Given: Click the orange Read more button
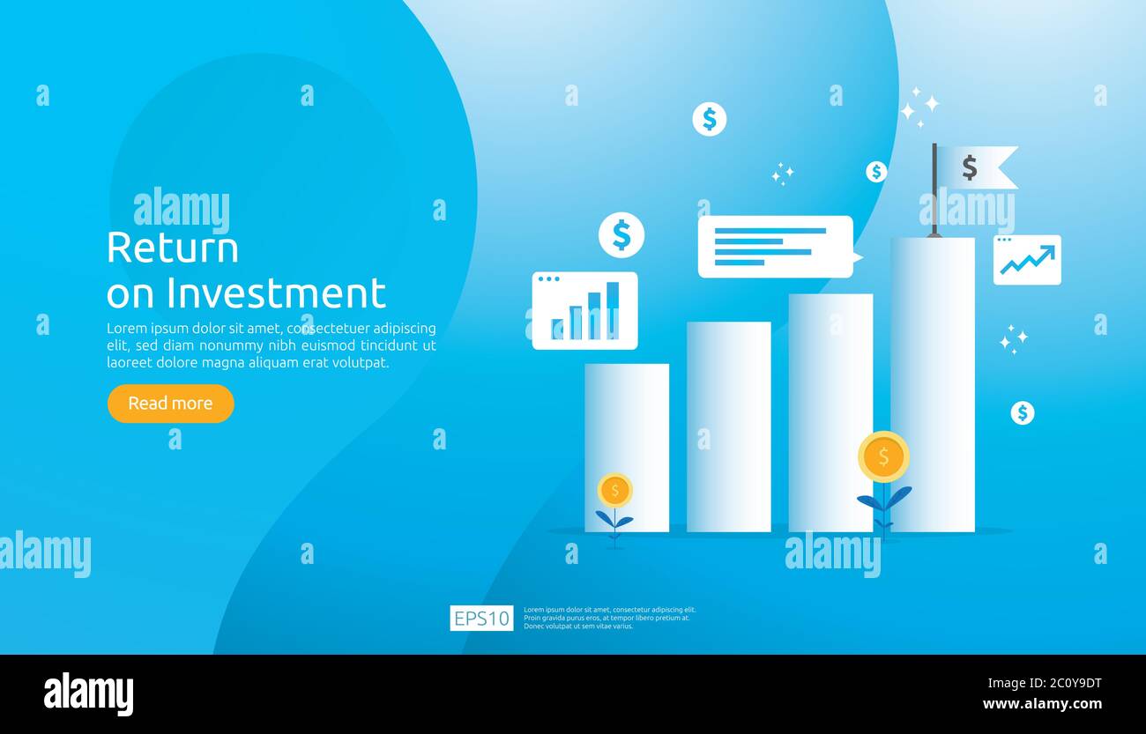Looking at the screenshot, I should point(170,404).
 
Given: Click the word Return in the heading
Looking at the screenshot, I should point(173,248).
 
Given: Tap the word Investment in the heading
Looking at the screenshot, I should point(276,293).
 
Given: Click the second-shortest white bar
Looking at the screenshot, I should point(728,426).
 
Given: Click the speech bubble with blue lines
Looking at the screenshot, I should point(775,247).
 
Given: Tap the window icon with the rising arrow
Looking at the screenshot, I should point(1026,260).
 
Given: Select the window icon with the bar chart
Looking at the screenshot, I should point(584,310).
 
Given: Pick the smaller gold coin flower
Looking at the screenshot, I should point(614,491).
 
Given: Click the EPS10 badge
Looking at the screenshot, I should point(481,619).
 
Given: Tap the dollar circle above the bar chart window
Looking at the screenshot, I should point(621,235).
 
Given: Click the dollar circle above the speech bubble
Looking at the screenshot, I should point(709,119).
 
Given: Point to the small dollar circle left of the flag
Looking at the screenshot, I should point(875,172).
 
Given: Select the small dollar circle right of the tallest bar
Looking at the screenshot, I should point(1022,412).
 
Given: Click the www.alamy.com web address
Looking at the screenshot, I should point(1042,704).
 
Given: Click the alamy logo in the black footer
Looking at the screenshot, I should point(88,694).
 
